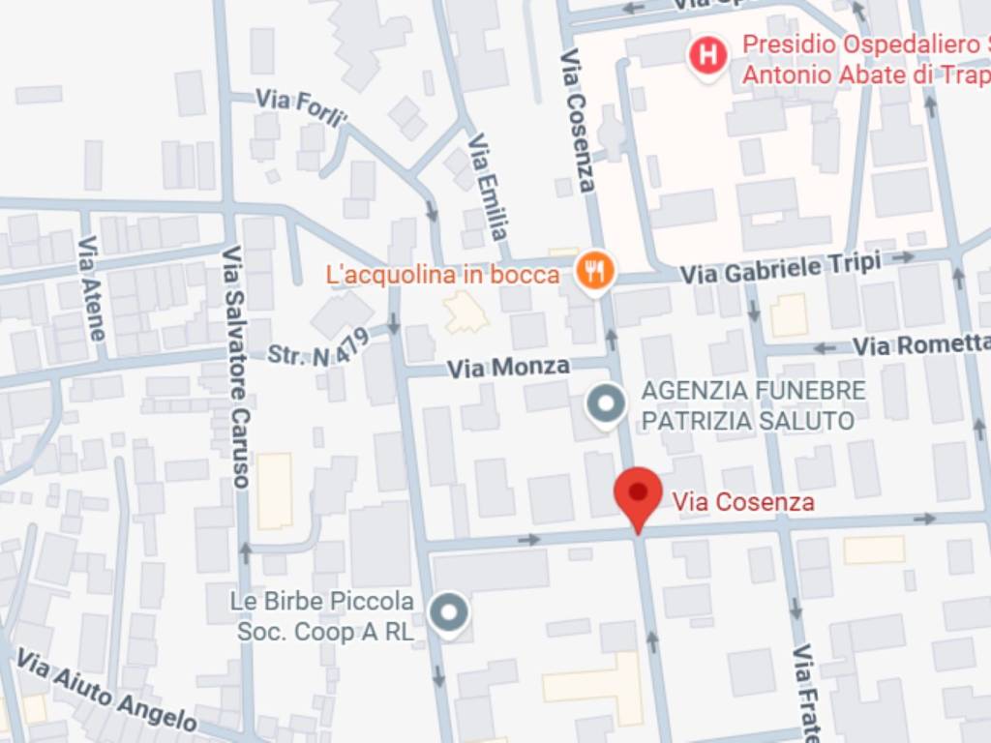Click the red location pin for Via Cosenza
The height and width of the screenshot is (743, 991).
[x=638, y=494]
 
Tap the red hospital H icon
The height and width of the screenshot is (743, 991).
[x=708, y=55]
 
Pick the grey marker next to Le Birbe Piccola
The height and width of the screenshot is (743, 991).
[x=448, y=614]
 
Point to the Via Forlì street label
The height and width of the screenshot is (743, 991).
[x=301, y=108]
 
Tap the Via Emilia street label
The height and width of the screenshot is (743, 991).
[x=488, y=186]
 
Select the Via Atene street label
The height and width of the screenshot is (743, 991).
[x=91, y=288]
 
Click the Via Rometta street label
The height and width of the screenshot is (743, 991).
[x=920, y=344]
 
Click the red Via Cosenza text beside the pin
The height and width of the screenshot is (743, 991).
[x=743, y=502]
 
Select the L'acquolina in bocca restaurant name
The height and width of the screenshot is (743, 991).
[x=443, y=275]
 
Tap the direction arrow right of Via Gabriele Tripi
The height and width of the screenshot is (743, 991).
[x=904, y=257]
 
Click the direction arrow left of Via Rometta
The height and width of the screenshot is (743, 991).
[x=824, y=348]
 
